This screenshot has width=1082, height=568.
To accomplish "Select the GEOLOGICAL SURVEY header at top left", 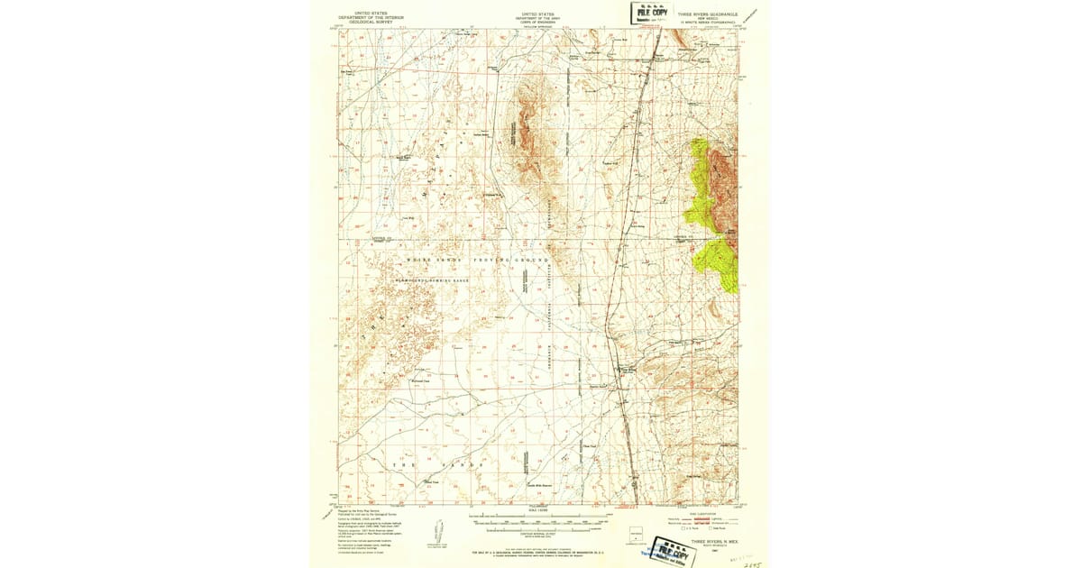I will (x=371, y=20).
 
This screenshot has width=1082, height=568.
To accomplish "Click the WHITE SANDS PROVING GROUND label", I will (x=477, y=260).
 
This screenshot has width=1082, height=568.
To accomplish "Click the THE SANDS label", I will (x=428, y=464).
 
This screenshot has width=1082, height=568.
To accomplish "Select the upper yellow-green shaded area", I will (x=699, y=180).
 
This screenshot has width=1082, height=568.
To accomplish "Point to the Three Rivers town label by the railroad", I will (x=626, y=368).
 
